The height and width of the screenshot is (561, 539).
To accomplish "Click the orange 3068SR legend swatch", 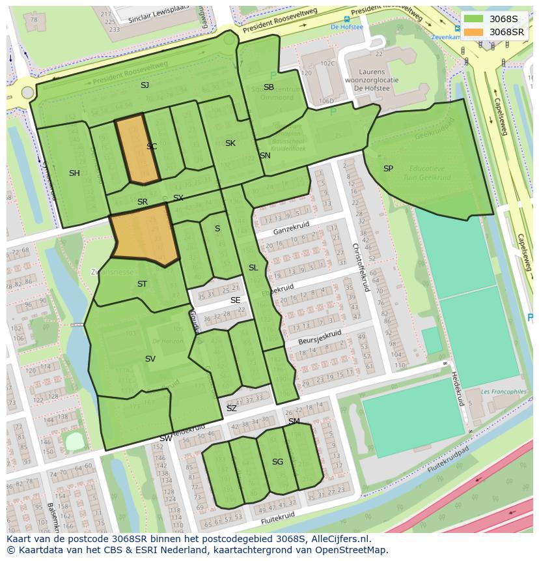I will pos(473,32).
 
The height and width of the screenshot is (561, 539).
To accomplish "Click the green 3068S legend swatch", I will pos(473,18).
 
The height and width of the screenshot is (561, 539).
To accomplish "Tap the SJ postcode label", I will pos(145,85).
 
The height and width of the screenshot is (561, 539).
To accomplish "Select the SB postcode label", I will pos(269,87).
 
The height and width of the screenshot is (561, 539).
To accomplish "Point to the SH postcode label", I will pos(74,173).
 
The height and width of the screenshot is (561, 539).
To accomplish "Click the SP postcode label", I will pos(388,169).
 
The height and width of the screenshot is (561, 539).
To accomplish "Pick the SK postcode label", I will pos(230,143).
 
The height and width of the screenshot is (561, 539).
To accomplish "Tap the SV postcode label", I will pos(150,359).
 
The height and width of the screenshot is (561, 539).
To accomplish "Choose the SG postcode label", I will pos(277,462).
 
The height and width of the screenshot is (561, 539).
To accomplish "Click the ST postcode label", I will pos(142,284).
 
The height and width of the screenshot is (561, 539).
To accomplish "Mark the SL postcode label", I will pos(253,268).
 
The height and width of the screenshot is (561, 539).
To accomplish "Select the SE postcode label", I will pos(235,300).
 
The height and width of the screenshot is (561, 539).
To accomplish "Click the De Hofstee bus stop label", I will pos(346,27).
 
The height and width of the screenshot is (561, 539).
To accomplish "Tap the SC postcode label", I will pos(152,147).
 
